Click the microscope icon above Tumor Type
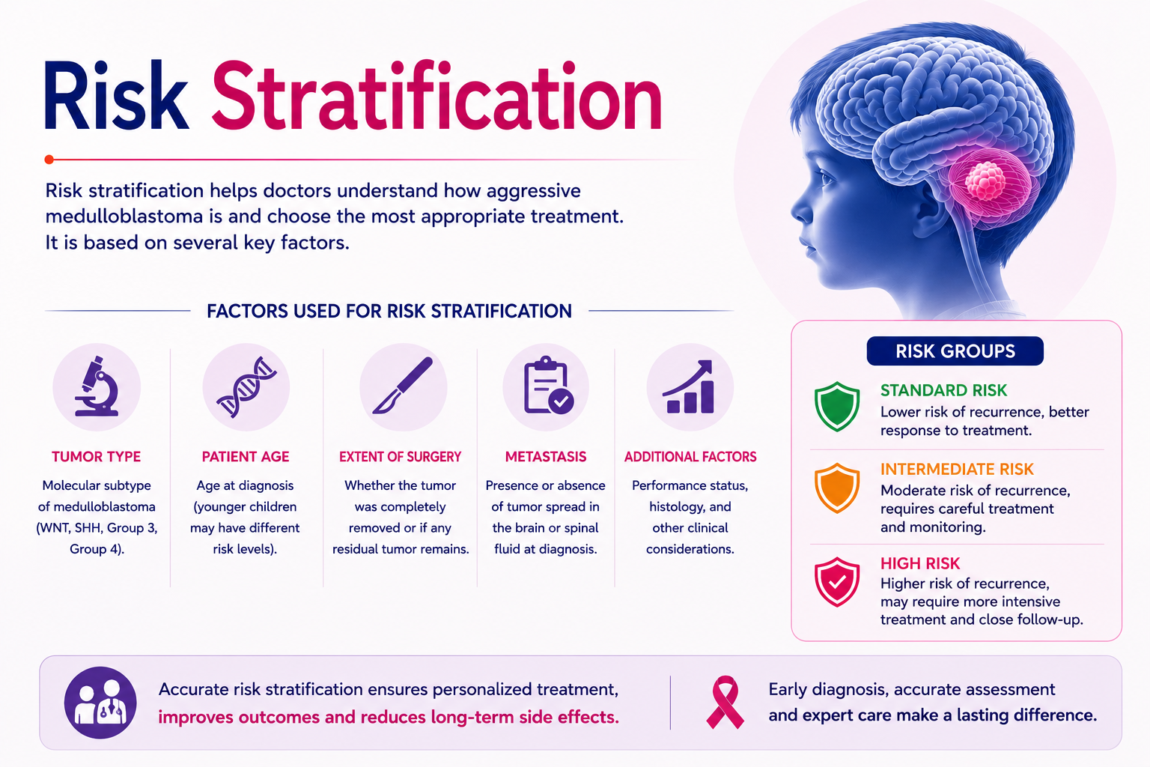point(97,386)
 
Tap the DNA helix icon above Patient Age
point(246,386)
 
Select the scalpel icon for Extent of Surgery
point(403,385)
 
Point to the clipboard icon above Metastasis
point(547,385)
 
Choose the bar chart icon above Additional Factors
point(689,386)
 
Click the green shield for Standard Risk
point(837,406)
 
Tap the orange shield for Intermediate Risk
point(837,488)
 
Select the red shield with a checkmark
point(837,581)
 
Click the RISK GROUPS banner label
point(955,351)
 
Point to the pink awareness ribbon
point(725,703)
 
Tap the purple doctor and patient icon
point(100,703)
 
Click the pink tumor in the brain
point(985,180)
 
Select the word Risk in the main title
point(115,96)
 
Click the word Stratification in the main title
point(436,96)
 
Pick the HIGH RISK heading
point(920,563)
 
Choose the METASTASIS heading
point(546,457)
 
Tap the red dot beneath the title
point(49,160)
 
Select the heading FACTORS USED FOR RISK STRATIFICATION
point(389,312)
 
